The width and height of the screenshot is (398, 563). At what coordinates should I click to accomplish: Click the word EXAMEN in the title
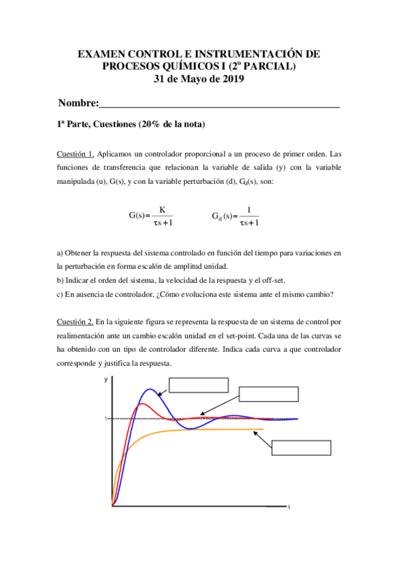[100, 53]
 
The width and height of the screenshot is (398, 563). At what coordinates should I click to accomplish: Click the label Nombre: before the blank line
[78, 103]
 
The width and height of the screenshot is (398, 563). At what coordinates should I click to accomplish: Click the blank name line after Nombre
[219, 104]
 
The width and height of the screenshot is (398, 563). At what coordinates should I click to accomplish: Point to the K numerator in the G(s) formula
[162, 210]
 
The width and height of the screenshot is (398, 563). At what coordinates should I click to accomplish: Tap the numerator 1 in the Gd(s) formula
[249, 210]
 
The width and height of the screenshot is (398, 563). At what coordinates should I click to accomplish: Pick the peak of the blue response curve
[151, 390]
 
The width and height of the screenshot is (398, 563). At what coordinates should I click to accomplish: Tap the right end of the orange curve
[263, 430]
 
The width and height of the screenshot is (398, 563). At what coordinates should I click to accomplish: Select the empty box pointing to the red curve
[264, 393]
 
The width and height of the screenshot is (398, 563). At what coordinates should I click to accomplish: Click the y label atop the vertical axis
[106, 380]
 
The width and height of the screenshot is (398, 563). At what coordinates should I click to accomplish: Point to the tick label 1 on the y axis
[105, 419]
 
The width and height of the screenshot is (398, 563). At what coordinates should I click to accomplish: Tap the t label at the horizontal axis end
[289, 507]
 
